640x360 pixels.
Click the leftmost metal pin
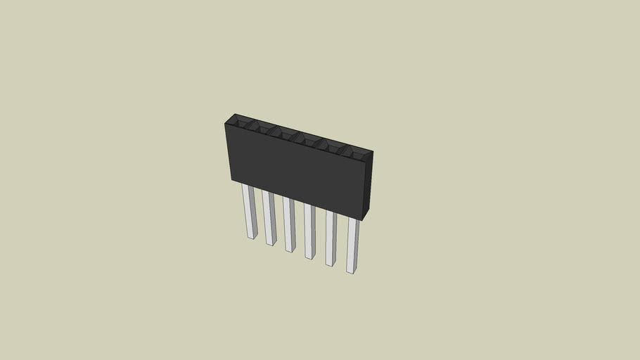pyautogui.click(x=249, y=211)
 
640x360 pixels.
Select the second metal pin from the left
pyautogui.click(x=269, y=218)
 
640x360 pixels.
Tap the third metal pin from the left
pyautogui.click(x=289, y=224)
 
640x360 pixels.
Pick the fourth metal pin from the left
pyautogui.click(x=309, y=231)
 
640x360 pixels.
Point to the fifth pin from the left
pyautogui.click(x=330, y=238)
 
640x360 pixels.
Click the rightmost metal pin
pyautogui.click(x=352, y=245)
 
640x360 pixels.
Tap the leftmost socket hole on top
pyautogui.click(x=239, y=124)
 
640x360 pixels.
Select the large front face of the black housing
pyautogui.click(x=295, y=169)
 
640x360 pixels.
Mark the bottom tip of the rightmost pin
pyautogui.click(x=351, y=271)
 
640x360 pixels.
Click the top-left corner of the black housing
pyautogui.click(x=225, y=124)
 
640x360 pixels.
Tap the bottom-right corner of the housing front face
pyautogui.click(x=364, y=218)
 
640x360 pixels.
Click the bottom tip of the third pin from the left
pyautogui.click(x=289, y=250)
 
